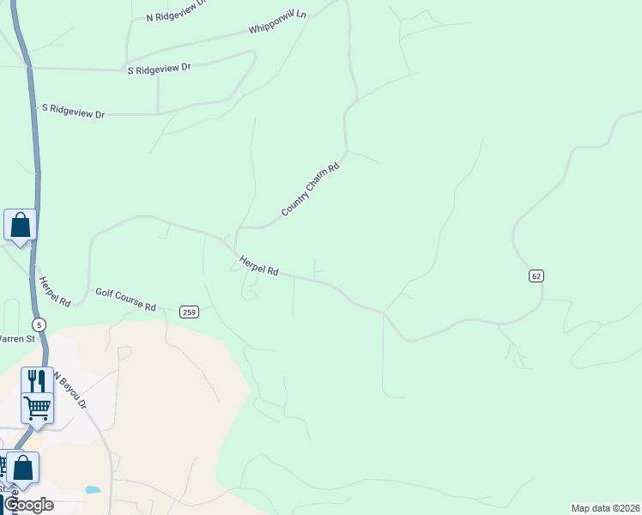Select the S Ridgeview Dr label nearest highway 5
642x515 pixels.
73,112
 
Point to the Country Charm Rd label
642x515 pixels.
311,189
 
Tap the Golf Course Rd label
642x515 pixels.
125,300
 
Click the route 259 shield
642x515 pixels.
190,312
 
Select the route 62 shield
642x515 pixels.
536,276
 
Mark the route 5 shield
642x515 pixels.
39,324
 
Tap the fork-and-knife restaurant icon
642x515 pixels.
37,380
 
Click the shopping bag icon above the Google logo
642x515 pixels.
22,468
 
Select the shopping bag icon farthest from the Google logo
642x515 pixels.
20,225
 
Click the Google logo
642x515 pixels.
28,504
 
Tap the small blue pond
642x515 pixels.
93,490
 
